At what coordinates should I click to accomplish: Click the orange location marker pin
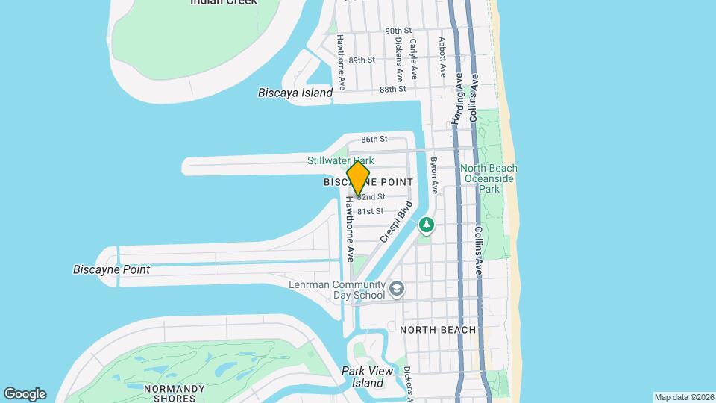[x=358, y=178]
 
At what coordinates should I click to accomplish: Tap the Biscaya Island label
[x=295, y=93]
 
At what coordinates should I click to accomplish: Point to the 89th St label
[x=361, y=60]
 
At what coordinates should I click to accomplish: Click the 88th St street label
[x=392, y=89]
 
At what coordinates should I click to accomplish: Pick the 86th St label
[x=374, y=139]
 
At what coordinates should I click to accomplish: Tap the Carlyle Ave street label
[x=413, y=59]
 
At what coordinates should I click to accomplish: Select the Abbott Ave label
[x=442, y=57]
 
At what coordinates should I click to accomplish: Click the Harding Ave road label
[x=457, y=98]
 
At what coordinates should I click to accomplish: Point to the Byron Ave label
[x=434, y=175]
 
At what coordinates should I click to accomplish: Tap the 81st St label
[x=371, y=212]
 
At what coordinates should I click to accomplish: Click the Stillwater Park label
[x=340, y=160]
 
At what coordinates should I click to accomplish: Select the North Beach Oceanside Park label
[x=489, y=178]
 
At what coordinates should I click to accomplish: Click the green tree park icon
[x=426, y=224]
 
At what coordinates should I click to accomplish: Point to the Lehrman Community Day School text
[x=337, y=290]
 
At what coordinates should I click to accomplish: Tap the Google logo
[x=25, y=393]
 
